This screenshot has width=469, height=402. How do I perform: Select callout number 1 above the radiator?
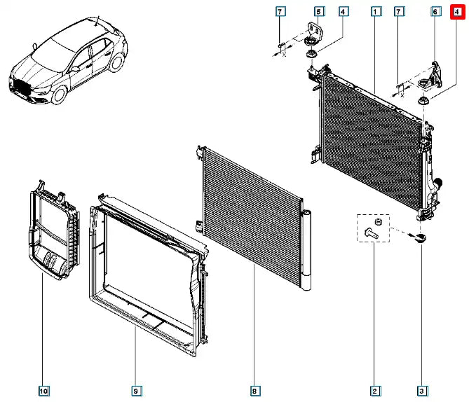click(x=376, y=11)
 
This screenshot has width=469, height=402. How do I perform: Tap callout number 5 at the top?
click(x=318, y=11)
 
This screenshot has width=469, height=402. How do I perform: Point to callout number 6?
click(x=435, y=11)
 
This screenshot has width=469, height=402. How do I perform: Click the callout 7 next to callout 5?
click(x=280, y=11)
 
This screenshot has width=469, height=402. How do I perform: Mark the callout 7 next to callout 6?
click(x=400, y=11)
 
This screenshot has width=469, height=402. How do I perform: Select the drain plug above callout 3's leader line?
click(x=419, y=238)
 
